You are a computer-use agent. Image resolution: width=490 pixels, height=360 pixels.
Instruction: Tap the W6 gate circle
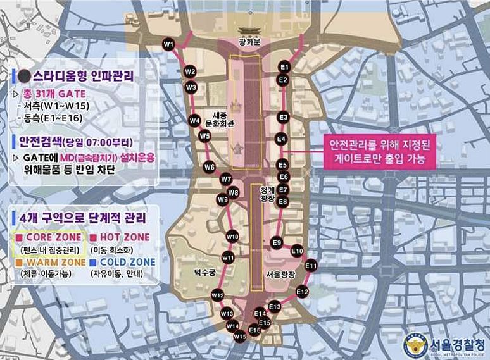(210, 168)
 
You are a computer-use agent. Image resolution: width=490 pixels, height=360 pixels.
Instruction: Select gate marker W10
(232, 237)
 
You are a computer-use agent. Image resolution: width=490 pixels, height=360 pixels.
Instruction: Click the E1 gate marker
(284, 66)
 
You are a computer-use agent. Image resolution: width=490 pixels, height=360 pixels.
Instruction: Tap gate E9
(277, 242)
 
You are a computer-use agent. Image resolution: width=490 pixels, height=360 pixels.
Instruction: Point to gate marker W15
(240, 337)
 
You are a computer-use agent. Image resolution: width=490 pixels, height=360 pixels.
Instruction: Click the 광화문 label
(245, 43)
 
